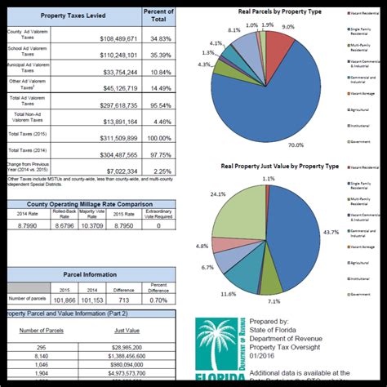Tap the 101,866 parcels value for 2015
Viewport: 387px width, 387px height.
pyautogui.click(x=64, y=300)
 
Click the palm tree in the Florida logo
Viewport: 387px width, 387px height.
pyautogui.click(x=217, y=351)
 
